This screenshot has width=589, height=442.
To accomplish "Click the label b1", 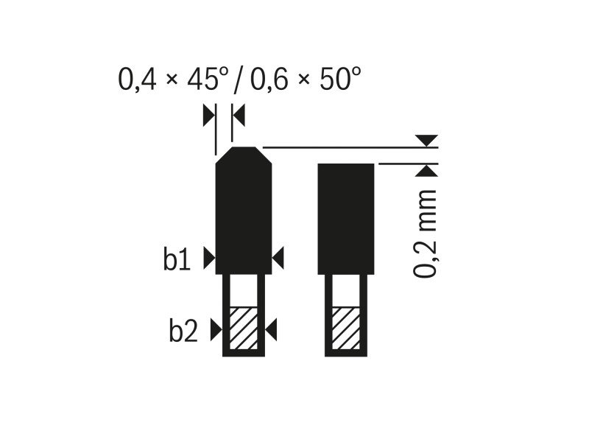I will [x=177, y=260].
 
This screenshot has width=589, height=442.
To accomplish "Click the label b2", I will [x=183, y=331].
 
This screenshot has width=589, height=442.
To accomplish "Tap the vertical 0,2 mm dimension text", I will [x=426, y=234].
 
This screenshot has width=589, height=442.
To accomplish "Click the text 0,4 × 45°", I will [x=172, y=79].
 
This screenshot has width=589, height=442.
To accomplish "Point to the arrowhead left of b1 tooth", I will [x=208, y=258].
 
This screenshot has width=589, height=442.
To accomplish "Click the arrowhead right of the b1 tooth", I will [x=278, y=258].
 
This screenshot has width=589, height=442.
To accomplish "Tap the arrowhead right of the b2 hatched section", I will [x=270, y=330].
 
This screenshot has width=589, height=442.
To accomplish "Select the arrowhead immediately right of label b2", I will [x=215, y=330].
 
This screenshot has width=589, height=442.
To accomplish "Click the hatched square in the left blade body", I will [x=243, y=329].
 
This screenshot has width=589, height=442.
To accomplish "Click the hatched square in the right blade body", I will [x=345, y=329].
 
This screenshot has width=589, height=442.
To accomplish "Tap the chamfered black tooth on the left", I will [x=243, y=214].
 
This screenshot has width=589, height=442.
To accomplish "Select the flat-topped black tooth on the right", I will [x=346, y=218].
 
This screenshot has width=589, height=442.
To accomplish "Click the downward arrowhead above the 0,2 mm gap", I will [x=426, y=140].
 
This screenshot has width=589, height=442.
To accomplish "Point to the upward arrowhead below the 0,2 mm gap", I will [x=426, y=172].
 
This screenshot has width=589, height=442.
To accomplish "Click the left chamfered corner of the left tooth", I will [x=223, y=155].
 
